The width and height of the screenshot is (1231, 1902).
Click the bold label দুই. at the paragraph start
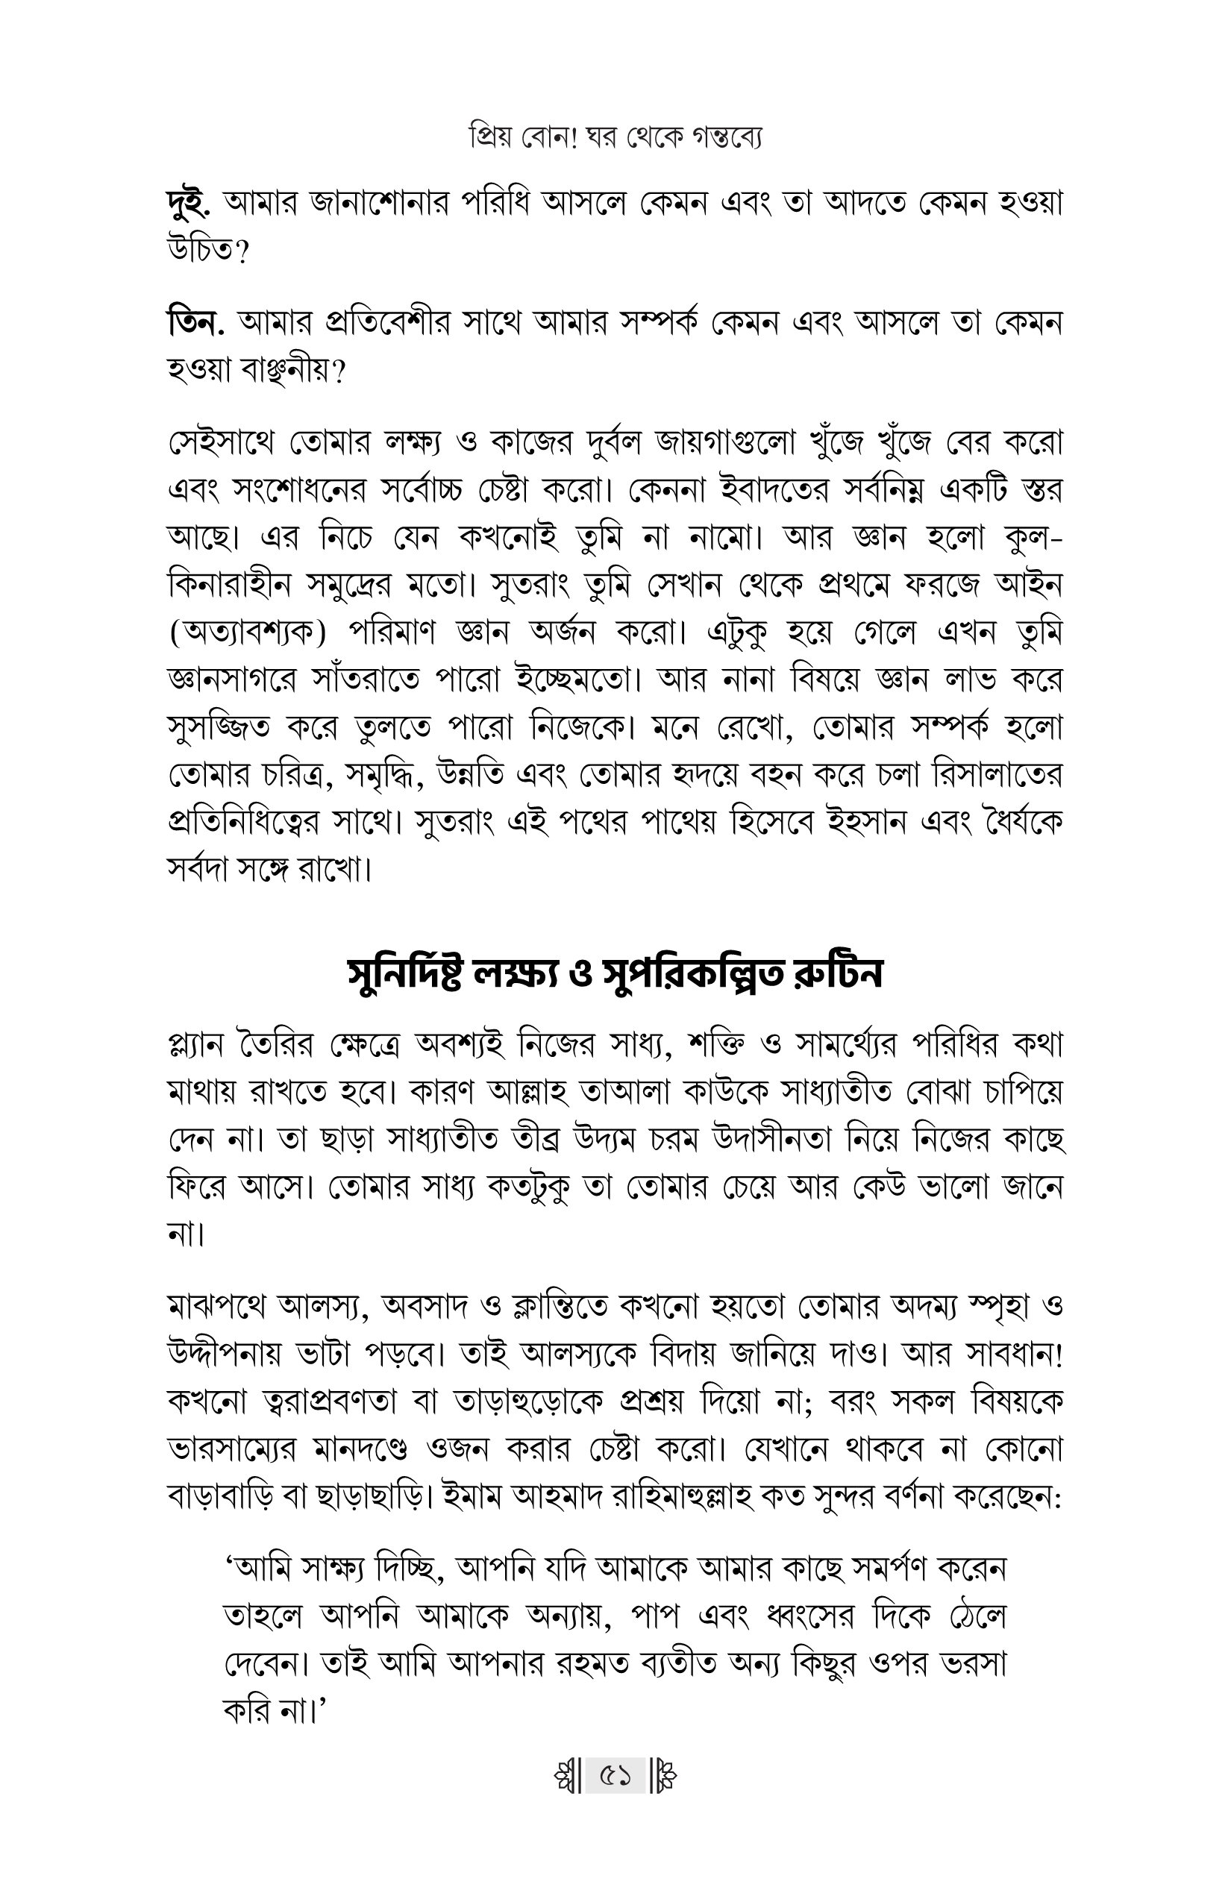click(189, 205)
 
